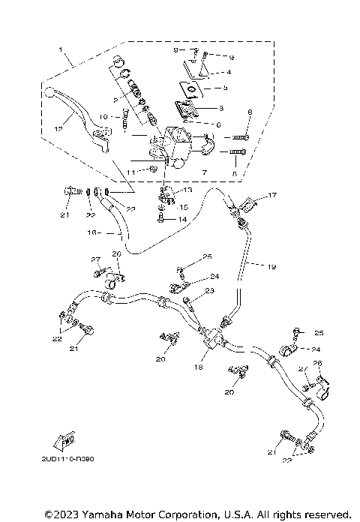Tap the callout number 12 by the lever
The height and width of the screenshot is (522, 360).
[x=58, y=128]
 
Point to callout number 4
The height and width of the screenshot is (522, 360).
[x=228, y=72]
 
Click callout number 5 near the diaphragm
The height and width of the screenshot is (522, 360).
[x=228, y=88]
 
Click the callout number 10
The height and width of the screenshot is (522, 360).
[x=104, y=116]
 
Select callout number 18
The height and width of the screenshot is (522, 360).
[x=199, y=368]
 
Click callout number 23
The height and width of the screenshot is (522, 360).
[x=210, y=290]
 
